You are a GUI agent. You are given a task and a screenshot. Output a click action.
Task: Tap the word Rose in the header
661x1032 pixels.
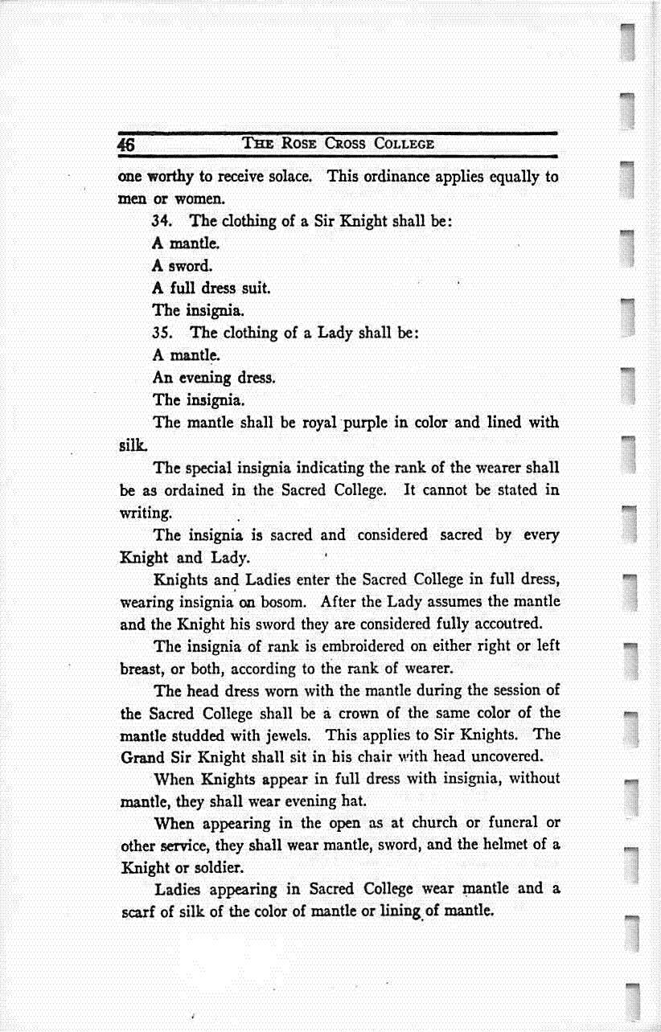298,145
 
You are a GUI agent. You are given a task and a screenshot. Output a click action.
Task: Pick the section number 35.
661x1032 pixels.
163,332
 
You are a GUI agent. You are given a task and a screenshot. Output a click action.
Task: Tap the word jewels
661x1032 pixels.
300,735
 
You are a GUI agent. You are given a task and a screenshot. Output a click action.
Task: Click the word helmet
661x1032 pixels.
509,845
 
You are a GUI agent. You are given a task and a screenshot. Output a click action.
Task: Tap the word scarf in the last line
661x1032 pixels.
138,912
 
